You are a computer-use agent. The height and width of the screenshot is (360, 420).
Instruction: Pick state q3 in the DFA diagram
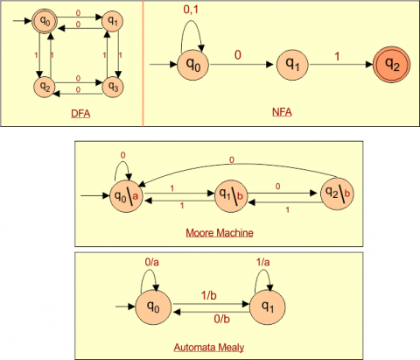[111, 86]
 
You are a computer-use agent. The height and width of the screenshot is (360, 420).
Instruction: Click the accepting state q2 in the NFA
[388, 65]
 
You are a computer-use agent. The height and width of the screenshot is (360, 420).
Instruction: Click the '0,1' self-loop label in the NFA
[193, 10]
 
